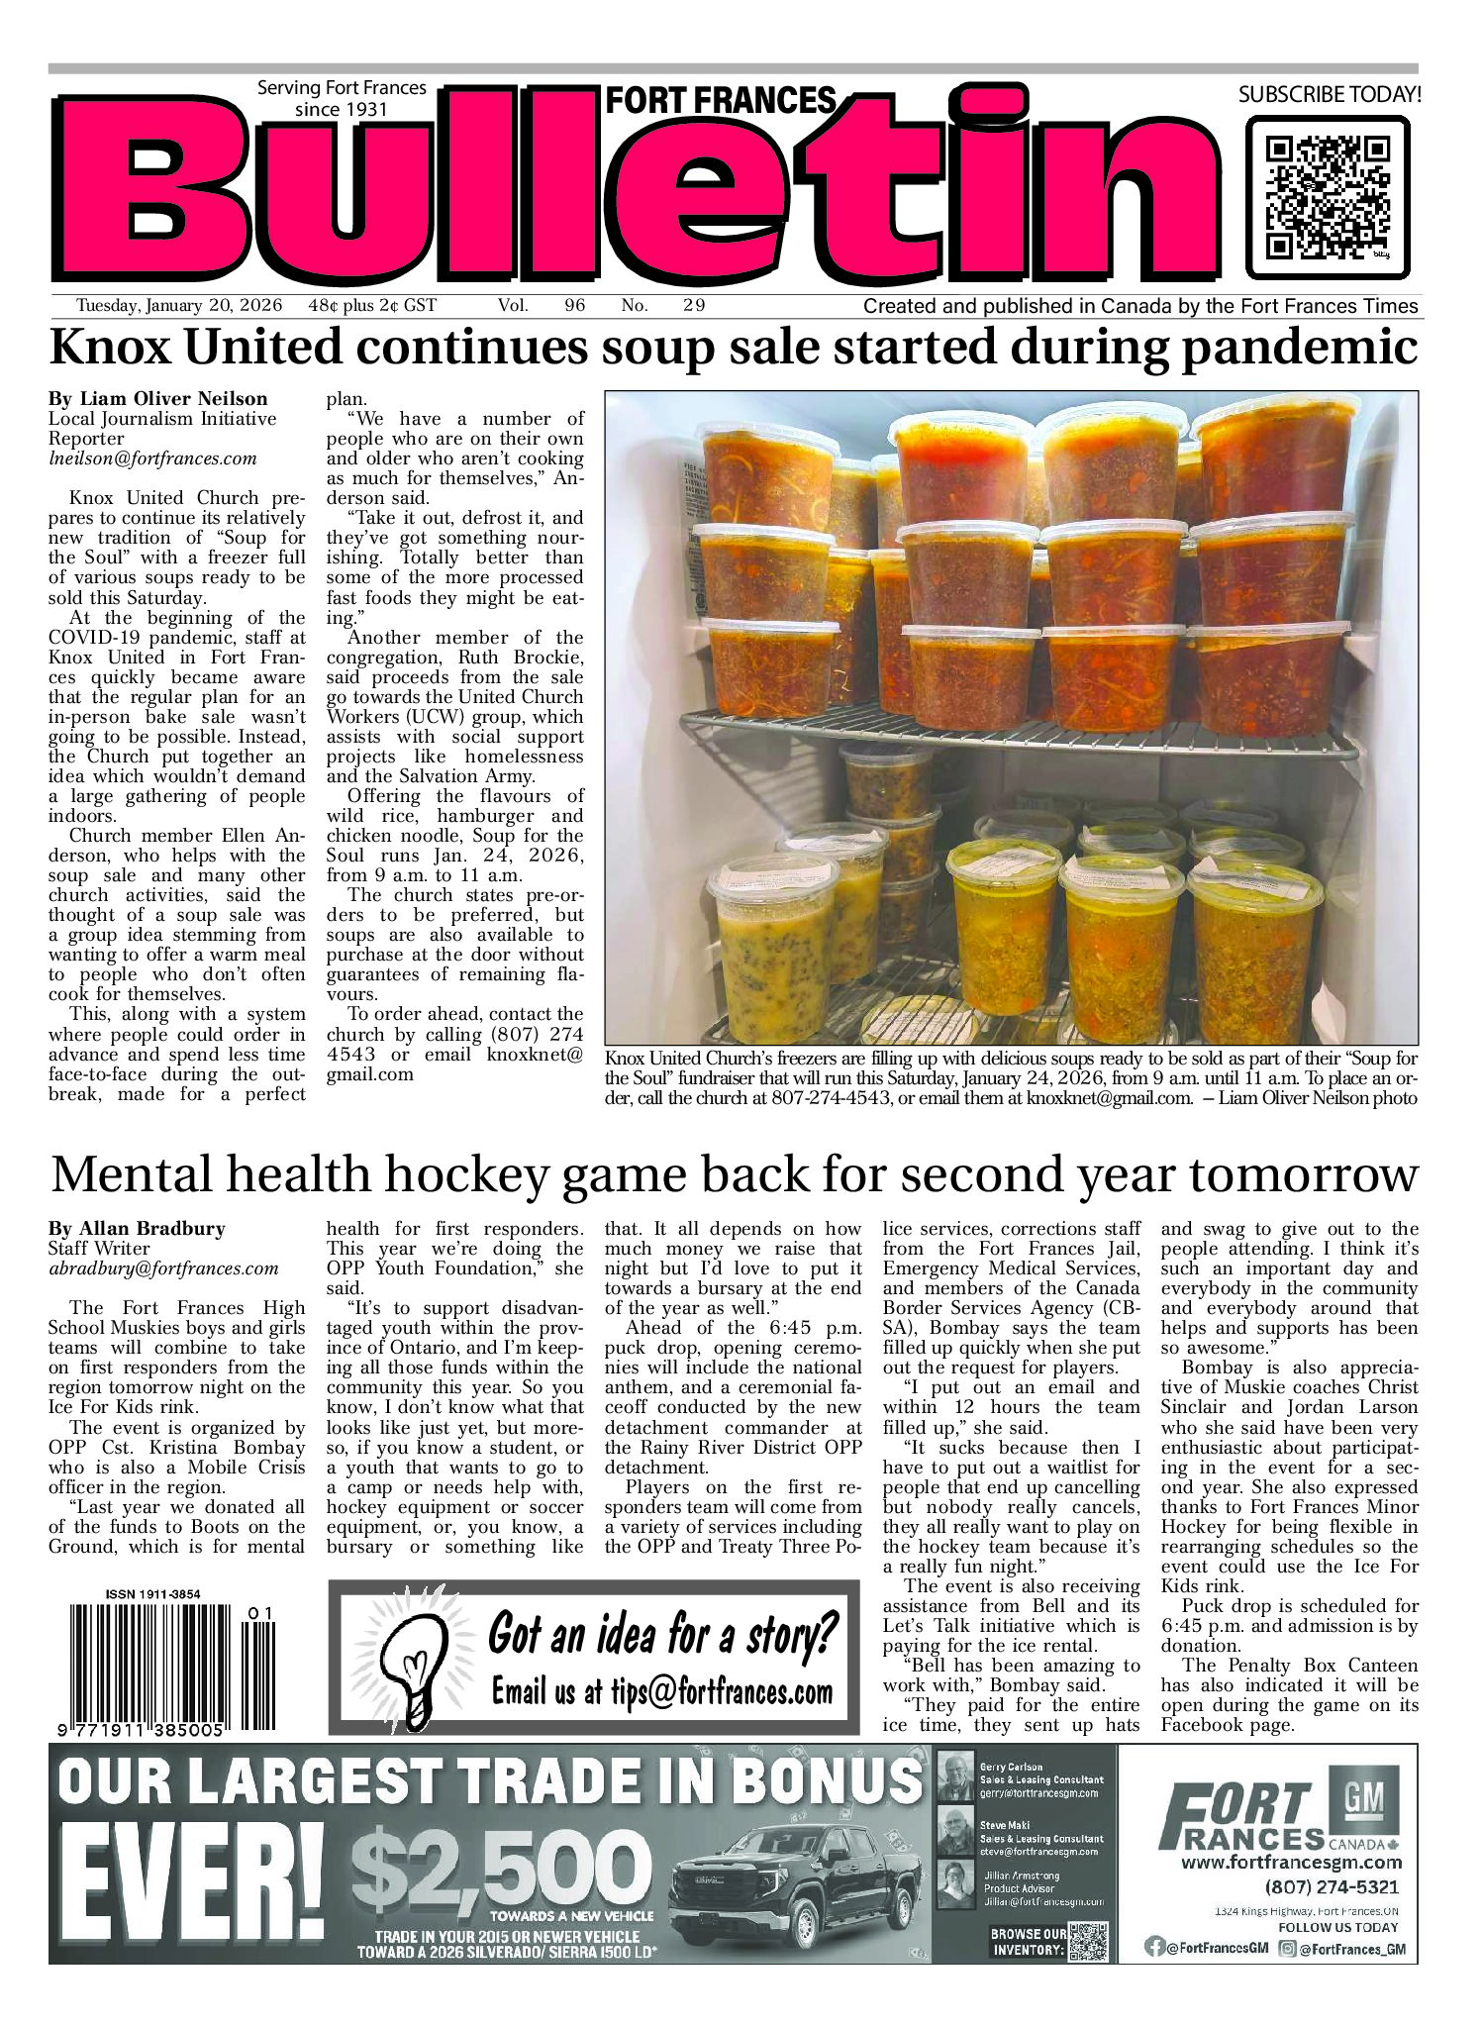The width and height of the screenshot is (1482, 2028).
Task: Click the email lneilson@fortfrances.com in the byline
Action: (152, 458)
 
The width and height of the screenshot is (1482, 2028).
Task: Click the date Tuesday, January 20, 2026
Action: (179, 306)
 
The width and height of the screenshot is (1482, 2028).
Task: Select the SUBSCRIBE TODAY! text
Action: (1329, 95)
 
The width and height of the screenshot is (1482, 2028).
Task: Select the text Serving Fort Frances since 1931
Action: (342, 98)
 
